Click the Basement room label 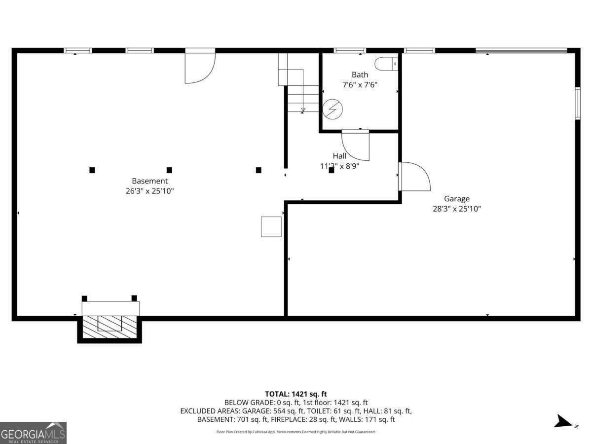pyautogui.click(x=149, y=181)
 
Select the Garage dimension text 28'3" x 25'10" pyautogui.click(x=456, y=209)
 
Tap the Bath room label pyautogui.click(x=360, y=75)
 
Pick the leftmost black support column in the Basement pyautogui.click(x=92, y=170)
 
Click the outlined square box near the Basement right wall pyautogui.click(x=271, y=226)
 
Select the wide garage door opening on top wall pyautogui.click(x=521, y=50)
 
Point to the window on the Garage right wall pyautogui.click(x=577, y=103)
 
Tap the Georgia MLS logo pyautogui.click(x=33, y=433)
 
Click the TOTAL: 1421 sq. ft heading pyautogui.click(x=296, y=394)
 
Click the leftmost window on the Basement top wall pyautogui.click(x=78, y=50)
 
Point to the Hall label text pyautogui.click(x=339, y=156)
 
